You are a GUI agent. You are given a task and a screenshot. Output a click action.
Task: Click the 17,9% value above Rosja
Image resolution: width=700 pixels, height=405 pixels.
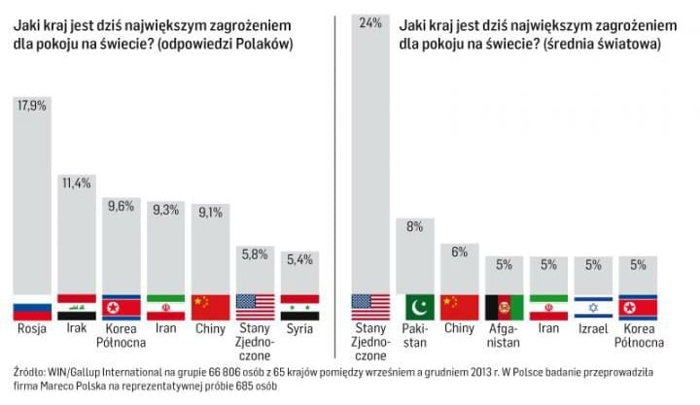(x=32, y=107)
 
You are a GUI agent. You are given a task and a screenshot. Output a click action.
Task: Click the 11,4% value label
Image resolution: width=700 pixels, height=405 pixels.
(x=77, y=181)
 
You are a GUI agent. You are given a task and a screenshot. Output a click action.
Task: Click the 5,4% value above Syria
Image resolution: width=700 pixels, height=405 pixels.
(x=300, y=259)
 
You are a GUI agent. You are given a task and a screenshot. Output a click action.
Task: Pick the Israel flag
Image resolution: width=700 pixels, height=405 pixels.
(x=593, y=307)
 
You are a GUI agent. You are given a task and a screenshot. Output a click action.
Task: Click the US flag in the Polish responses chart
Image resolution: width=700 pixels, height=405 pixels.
(x=256, y=307)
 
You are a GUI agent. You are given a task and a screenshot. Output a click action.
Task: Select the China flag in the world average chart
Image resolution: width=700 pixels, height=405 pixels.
(x=459, y=307)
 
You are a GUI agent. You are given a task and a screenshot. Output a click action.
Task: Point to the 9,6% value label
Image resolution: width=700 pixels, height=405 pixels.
(x=122, y=206)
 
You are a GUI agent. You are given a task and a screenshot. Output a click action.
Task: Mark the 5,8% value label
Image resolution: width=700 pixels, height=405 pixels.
(x=256, y=254)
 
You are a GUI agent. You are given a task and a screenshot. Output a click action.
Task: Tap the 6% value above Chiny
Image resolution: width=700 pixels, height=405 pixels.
(x=459, y=252)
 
